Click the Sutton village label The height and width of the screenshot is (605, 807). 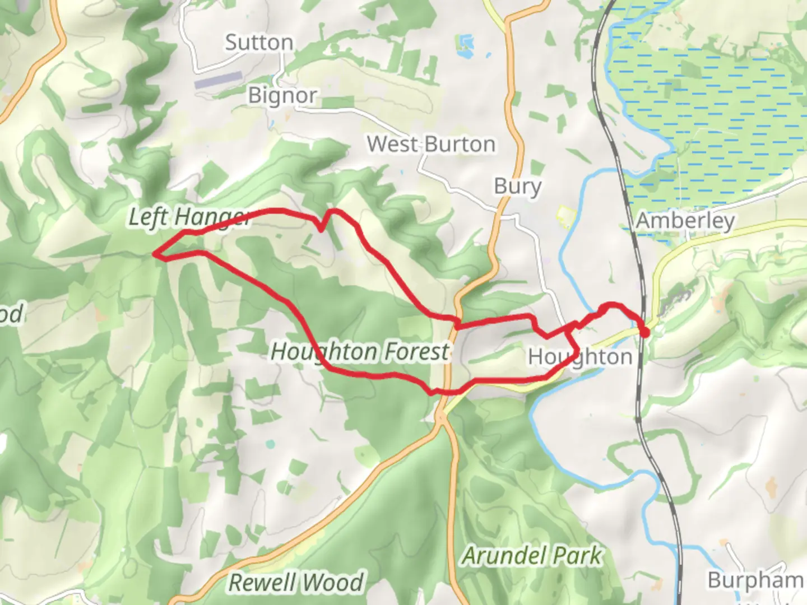click(x=259, y=43)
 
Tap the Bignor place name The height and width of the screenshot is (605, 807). click(x=282, y=96)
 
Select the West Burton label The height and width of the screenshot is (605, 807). click(x=431, y=145)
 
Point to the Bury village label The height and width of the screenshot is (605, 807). click(x=517, y=186)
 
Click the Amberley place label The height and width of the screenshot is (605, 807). click(x=685, y=221)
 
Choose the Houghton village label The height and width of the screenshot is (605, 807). click(x=580, y=357)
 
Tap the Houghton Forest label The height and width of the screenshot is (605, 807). click(x=360, y=352)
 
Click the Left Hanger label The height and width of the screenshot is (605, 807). click(x=189, y=217)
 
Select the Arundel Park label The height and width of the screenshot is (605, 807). click(x=532, y=556)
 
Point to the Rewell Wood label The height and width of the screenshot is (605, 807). click(x=296, y=583)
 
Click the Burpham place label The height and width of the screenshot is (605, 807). click(x=755, y=580)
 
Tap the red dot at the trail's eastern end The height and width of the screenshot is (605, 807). click(x=644, y=333)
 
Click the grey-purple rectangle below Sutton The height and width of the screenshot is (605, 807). click(x=218, y=81)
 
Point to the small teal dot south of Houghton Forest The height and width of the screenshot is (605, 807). click(x=271, y=444)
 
